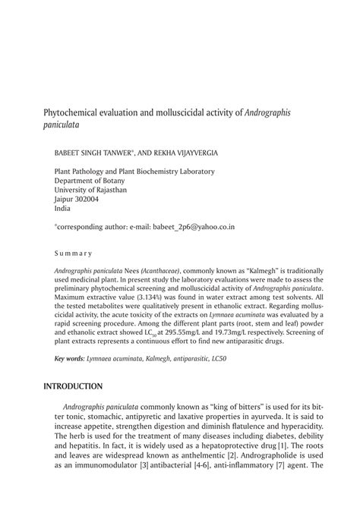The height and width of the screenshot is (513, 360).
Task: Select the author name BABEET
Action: (x=69, y=153)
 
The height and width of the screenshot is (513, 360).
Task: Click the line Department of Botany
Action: (x=90, y=181)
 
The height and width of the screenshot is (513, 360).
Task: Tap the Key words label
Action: (x=70, y=357)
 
